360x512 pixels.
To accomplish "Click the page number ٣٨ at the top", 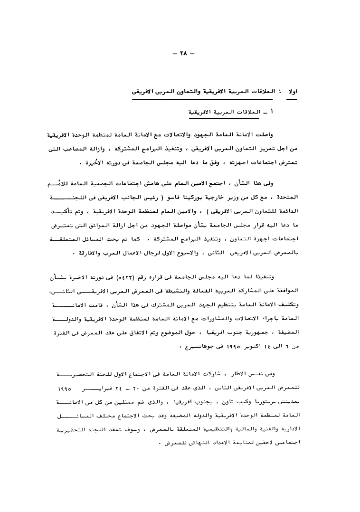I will (181, 54).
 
